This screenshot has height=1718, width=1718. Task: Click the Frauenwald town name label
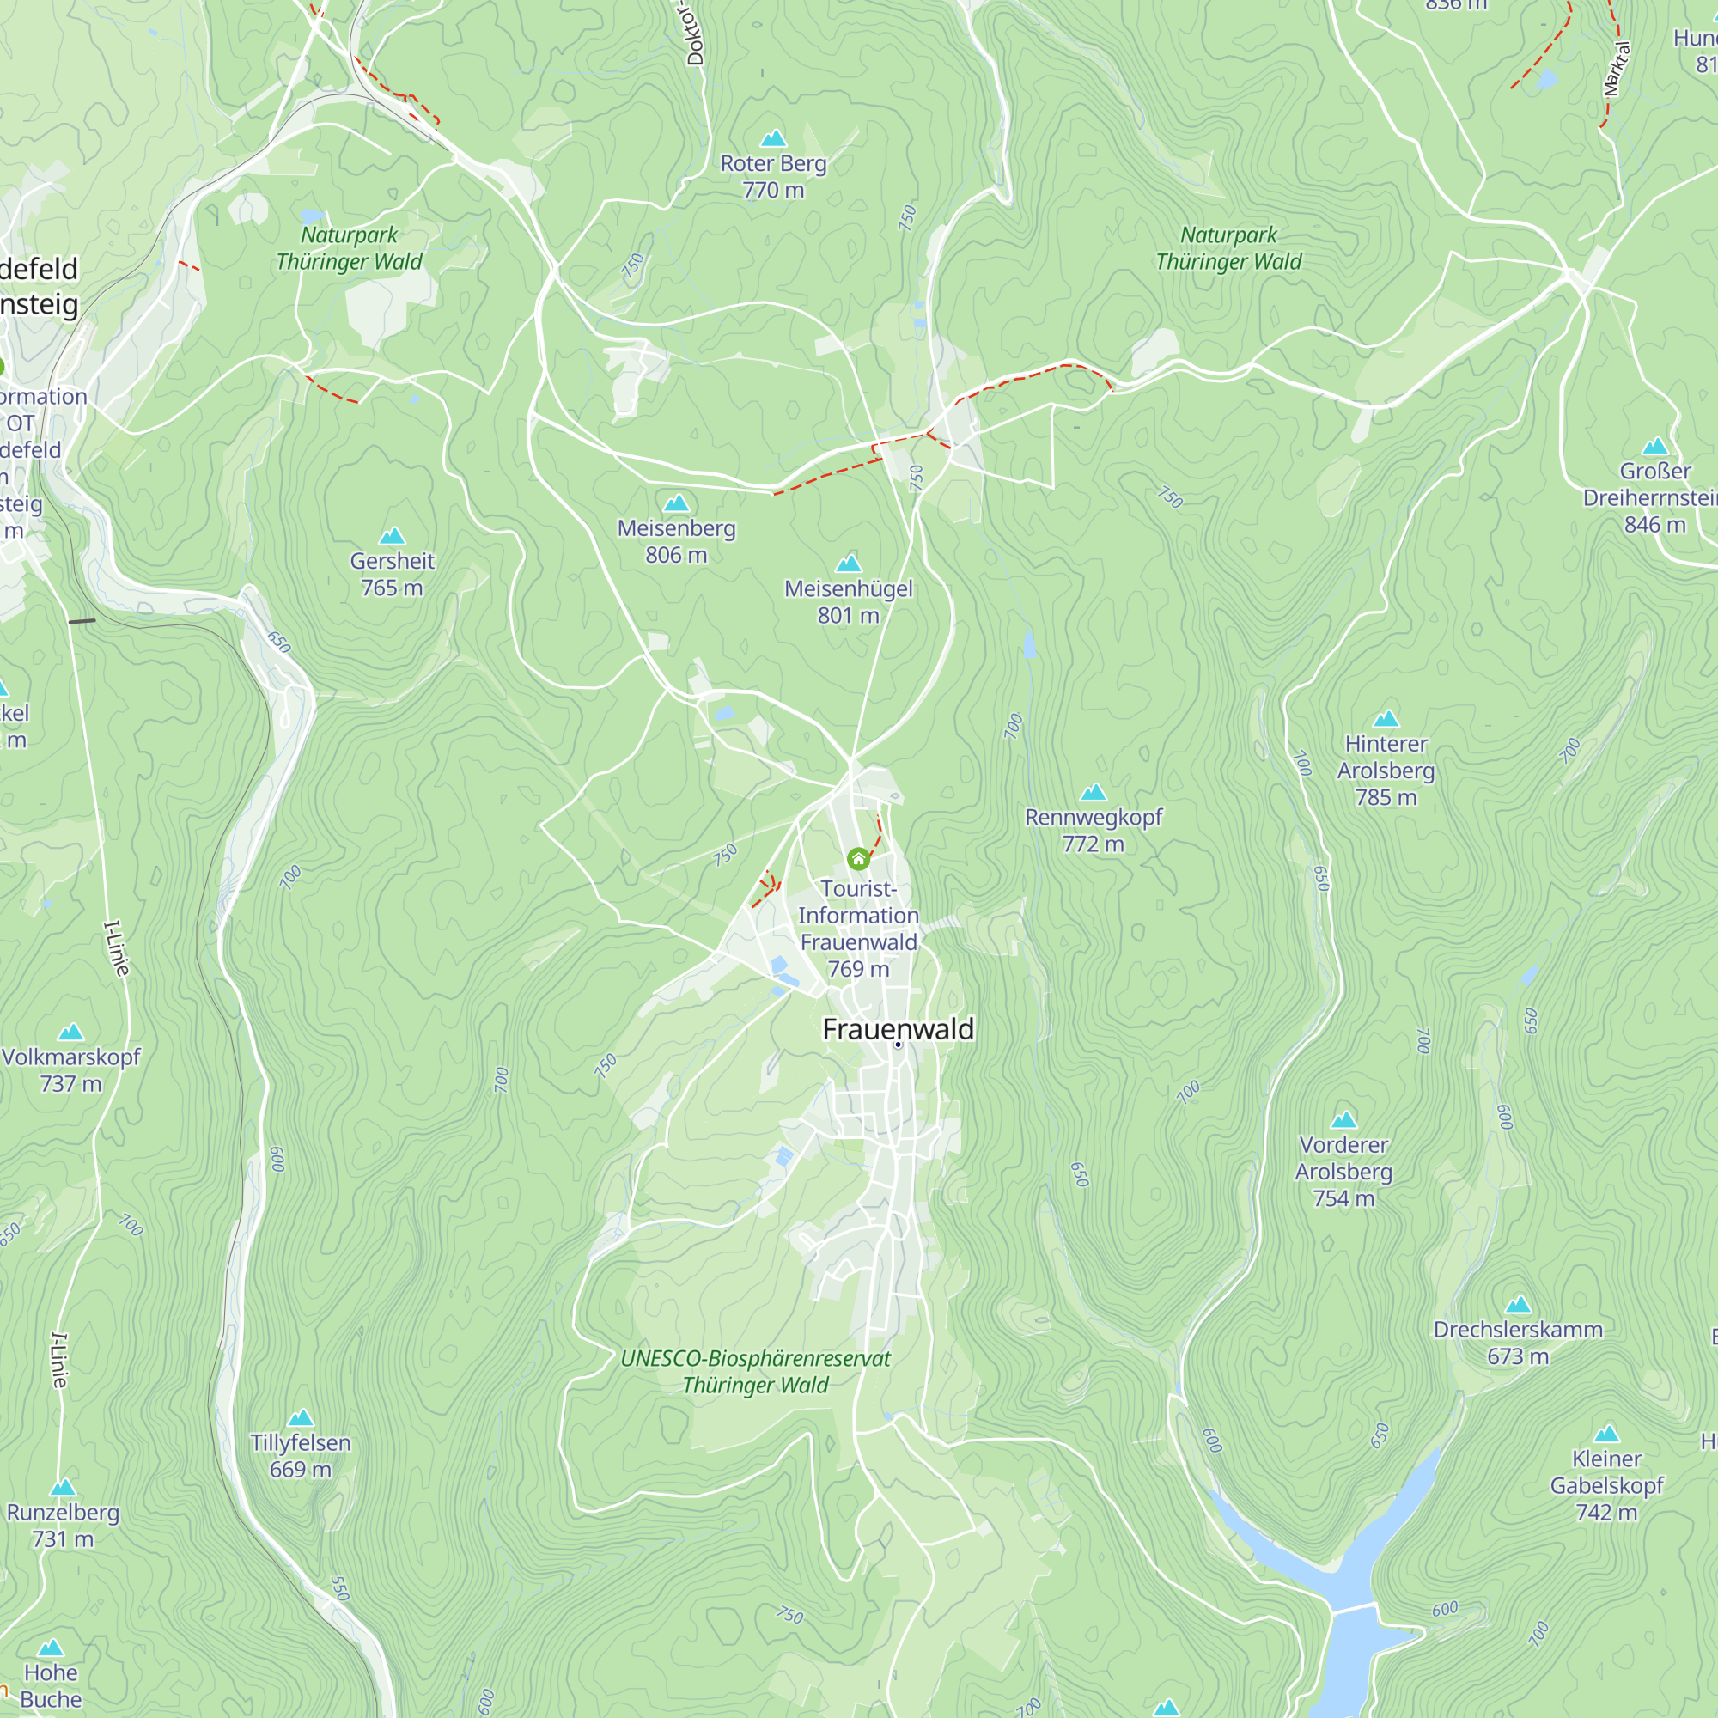(899, 1029)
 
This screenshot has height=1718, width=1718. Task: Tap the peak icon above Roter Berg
(774, 137)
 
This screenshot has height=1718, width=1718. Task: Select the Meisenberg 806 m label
(677, 540)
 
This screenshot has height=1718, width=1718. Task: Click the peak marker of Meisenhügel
(849, 563)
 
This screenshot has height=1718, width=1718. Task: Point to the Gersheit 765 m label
(393, 574)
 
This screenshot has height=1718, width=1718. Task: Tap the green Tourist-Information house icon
(858, 858)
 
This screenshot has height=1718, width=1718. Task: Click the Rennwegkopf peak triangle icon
(1093, 791)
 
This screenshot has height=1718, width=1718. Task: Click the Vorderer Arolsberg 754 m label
(1343, 1171)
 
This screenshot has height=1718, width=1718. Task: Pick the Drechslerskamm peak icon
(1518, 1305)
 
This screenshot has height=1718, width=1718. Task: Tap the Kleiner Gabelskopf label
(1606, 1485)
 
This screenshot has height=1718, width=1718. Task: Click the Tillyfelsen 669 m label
(301, 1456)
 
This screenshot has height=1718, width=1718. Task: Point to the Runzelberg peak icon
(62, 1488)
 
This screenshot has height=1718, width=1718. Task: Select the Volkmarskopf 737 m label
(71, 1069)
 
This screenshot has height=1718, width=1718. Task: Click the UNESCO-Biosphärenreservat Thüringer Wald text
(755, 1371)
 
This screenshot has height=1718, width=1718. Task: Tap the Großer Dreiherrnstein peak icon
(1655, 446)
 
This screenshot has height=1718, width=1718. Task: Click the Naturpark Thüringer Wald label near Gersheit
(349, 248)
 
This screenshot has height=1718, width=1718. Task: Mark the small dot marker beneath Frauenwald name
(899, 1045)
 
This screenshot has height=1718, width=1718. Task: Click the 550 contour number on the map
(339, 1588)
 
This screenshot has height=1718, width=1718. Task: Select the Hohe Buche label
(51, 1686)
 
